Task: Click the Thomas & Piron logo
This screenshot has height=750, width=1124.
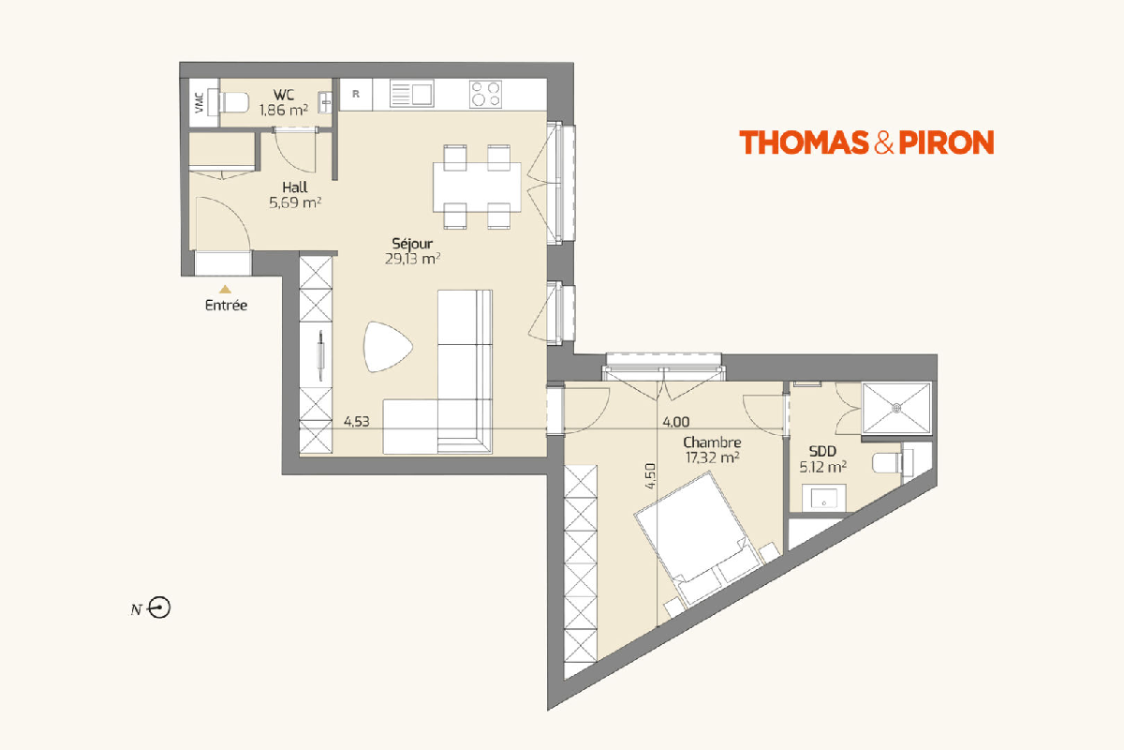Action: [x=866, y=142]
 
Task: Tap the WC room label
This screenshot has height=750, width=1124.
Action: [x=284, y=95]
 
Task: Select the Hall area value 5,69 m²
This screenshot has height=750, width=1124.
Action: [x=295, y=202]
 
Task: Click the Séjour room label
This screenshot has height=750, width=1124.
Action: [x=412, y=244]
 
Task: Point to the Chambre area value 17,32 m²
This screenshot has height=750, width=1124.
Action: [x=712, y=457]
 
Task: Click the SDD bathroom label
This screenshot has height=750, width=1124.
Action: [x=822, y=451]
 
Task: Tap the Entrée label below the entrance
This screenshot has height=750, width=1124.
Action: [x=227, y=306]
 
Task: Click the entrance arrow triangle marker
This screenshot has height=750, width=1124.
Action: [x=226, y=290]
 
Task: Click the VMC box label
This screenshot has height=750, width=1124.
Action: [x=200, y=102]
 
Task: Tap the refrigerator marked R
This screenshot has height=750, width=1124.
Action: [x=356, y=95]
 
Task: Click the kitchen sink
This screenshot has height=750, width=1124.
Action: [x=412, y=94]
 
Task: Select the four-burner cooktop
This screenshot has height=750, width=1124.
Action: [x=485, y=94]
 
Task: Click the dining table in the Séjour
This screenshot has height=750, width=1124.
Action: [x=477, y=187]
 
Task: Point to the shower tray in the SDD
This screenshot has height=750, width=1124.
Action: [x=896, y=408]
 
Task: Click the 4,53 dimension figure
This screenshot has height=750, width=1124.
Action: [x=356, y=422]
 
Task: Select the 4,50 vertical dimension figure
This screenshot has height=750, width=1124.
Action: [x=650, y=476]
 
